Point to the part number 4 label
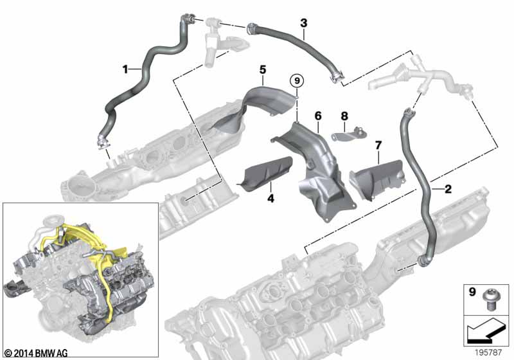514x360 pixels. (x=270, y=199)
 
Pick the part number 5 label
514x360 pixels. (x=263, y=68)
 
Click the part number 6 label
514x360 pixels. (x=317, y=116)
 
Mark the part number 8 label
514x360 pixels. (x=344, y=116)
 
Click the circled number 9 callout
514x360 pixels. (x=296, y=81)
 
